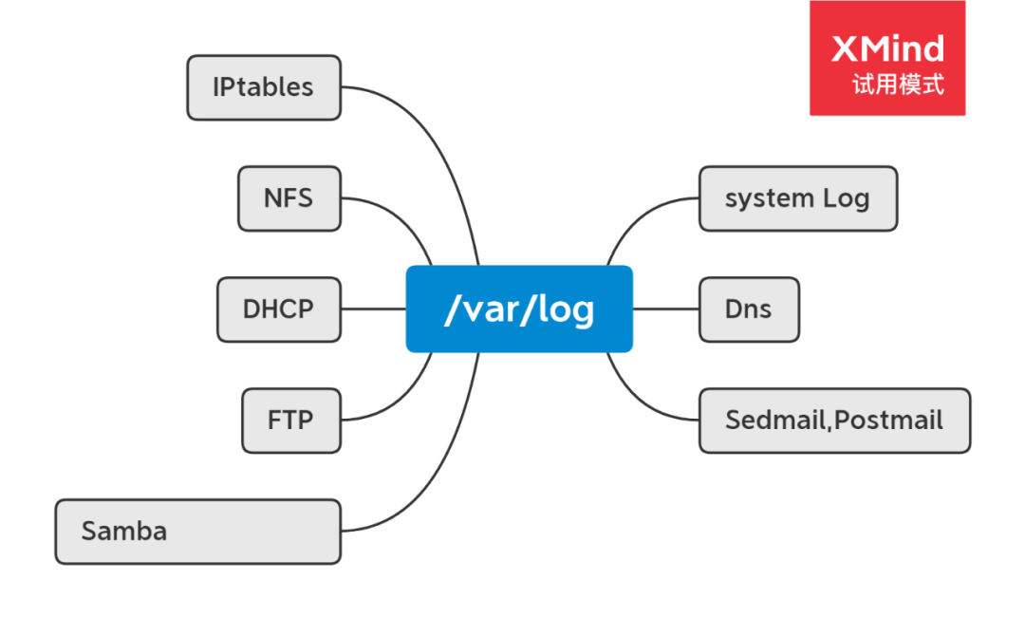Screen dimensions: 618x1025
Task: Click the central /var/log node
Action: coord(519,309)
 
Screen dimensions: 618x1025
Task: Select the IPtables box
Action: coord(263,87)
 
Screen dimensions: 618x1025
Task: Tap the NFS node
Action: coord(289,198)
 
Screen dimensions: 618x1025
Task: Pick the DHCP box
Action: coord(278,309)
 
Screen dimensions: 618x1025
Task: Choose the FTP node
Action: coord(290,420)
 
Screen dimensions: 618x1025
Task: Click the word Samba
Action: coord(124,531)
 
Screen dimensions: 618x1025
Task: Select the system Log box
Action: coord(797,198)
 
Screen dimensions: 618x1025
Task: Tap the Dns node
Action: coord(749,309)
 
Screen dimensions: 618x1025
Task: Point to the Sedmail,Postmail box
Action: coord(834,420)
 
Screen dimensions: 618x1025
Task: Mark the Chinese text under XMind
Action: coord(898,84)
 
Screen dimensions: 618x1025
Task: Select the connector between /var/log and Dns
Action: coord(665,309)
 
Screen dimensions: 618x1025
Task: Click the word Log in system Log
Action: coord(846,199)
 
